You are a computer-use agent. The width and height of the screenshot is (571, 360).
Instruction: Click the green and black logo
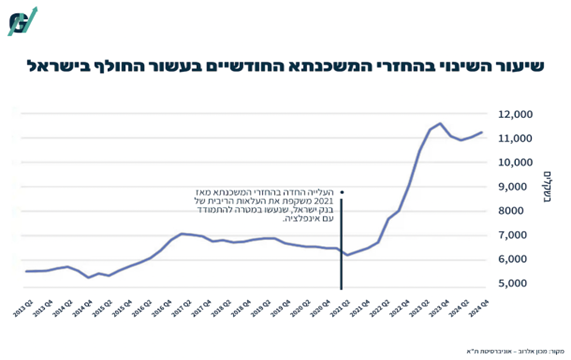tap(22, 21)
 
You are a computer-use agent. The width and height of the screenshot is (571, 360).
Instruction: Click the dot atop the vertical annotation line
tap(342, 192)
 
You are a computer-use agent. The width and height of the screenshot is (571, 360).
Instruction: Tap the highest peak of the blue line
tap(440, 124)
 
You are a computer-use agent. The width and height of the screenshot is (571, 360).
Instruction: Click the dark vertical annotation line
tap(342, 240)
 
